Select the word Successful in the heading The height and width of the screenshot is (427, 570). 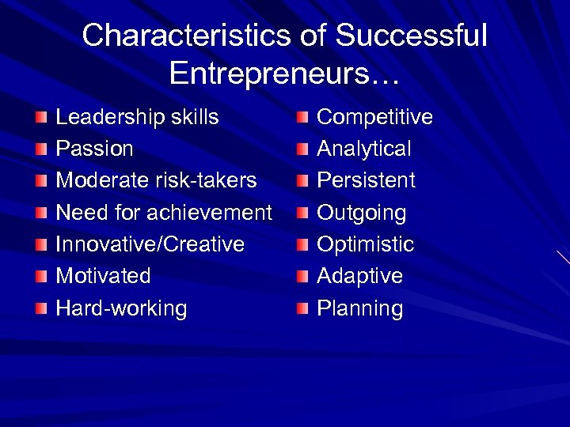click(412, 36)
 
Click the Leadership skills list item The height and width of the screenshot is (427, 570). click(137, 118)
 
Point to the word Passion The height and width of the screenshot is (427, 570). click(94, 149)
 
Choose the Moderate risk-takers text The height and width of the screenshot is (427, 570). click(156, 181)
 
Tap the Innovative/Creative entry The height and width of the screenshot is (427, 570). click(150, 244)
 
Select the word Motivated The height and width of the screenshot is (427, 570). click(103, 276)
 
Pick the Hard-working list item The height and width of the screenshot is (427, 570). click(121, 308)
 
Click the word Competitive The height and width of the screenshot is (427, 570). click(374, 118)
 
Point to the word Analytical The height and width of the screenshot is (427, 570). click(363, 149)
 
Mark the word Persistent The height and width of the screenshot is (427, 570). click(366, 181)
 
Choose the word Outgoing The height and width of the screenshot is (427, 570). click(361, 213)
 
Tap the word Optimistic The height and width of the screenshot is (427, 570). click(365, 244)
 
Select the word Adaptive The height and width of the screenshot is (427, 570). click(359, 276)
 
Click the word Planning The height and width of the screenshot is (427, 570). click(359, 308)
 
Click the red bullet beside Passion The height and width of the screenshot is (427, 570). click(41, 149)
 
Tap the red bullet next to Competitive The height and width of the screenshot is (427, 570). click(302, 119)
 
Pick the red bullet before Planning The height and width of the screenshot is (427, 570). click(302, 309)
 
